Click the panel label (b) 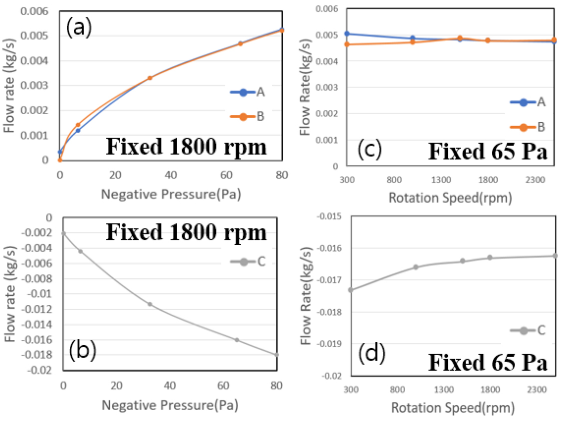pos(82,351)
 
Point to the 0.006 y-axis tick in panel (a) pos(41,11)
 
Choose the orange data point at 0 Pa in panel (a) pos(60,160)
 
